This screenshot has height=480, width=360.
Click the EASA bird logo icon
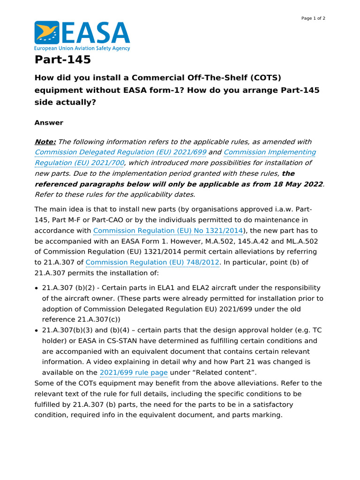[x=46, y=32]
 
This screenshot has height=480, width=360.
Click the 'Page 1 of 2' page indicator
[x=313, y=18]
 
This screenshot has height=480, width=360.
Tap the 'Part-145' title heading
[x=63, y=60]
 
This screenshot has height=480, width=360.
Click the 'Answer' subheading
[x=49, y=123]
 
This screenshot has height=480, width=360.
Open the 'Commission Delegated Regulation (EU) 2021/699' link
[x=120, y=152]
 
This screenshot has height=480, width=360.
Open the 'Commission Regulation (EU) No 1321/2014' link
[x=168, y=231]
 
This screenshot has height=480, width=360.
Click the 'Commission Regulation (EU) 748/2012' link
[x=152, y=262]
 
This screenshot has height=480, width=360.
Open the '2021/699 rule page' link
[x=134, y=373]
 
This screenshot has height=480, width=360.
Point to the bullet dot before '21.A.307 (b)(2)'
[x=37, y=288]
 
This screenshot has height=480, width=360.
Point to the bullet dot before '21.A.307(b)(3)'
[x=37, y=330]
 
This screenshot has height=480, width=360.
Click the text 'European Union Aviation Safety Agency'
[x=82, y=48]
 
